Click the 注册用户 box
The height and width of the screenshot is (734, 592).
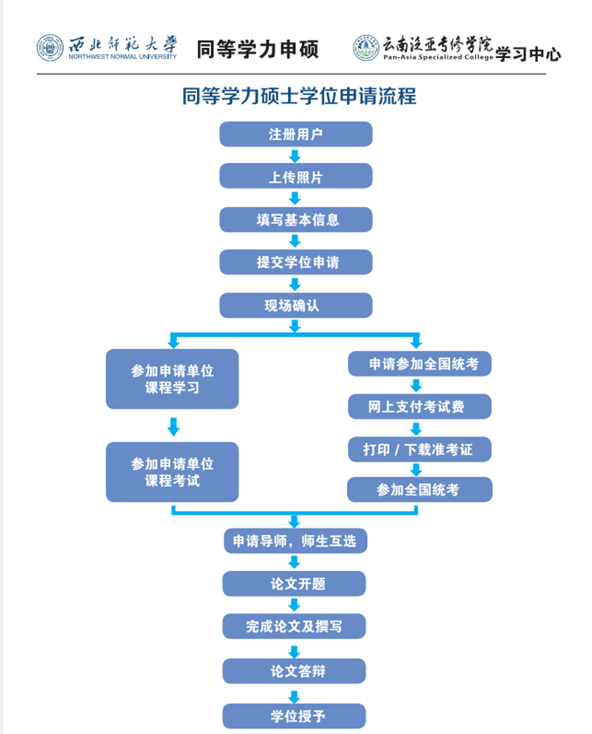click(296, 135)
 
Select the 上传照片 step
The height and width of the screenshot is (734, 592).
click(296, 176)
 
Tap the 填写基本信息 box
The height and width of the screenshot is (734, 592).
click(296, 220)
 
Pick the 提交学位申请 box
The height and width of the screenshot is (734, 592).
click(296, 262)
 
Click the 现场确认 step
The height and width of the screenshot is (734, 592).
click(296, 306)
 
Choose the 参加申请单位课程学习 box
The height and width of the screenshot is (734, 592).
click(172, 379)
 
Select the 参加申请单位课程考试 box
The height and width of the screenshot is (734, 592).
click(172, 472)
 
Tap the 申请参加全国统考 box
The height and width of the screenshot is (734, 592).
click(420, 364)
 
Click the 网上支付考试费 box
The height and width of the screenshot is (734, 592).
click(420, 406)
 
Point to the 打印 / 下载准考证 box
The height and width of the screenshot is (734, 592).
click(420, 449)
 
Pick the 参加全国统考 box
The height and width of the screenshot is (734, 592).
click(420, 490)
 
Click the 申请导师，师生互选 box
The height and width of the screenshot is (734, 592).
click(295, 541)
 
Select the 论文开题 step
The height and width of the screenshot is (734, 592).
click(294, 584)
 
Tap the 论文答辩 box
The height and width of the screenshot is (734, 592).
click(294, 671)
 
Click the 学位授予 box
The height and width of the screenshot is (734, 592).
click(294, 716)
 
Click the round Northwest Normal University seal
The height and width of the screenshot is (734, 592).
click(50, 48)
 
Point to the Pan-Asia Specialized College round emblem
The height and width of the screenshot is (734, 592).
click(366, 48)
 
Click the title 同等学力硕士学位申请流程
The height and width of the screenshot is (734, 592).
click(299, 96)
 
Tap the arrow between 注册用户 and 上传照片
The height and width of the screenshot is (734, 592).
click(295, 156)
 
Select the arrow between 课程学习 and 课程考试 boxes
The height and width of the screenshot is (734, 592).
click(174, 426)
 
